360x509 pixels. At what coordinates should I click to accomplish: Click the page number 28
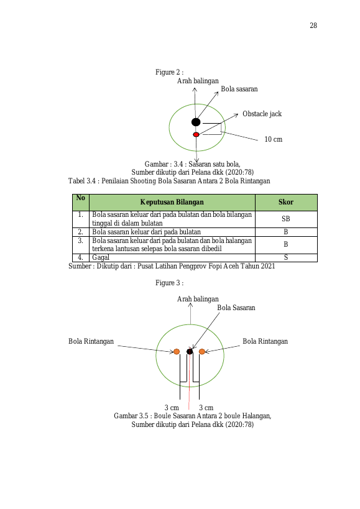click(x=313, y=25)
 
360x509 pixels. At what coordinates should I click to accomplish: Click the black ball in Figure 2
click(x=196, y=122)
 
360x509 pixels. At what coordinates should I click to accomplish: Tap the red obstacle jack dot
click(x=196, y=134)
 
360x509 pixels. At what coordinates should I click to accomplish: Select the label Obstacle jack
click(x=262, y=114)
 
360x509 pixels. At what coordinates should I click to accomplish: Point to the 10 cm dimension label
click(x=274, y=139)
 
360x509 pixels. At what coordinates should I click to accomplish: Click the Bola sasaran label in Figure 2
click(x=239, y=89)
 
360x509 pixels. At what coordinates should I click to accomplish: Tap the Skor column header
click(x=286, y=202)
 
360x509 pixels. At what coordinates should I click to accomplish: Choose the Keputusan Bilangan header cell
click(x=172, y=202)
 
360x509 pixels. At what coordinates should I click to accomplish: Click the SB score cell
click(x=286, y=219)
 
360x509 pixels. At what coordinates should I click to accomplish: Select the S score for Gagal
click(x=286, y=257)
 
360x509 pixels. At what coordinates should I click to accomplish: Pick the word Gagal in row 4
click(x=101, y=257)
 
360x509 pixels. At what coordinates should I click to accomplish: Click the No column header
click(x=80, y=198)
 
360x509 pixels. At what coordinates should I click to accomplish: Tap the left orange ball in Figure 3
click(x=177, y=352)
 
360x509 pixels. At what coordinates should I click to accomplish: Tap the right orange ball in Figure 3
click(x=202, y=352)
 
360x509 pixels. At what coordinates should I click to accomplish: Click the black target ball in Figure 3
click(x=190, y=352)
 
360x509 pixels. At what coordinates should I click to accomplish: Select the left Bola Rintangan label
click(x=91, y=341)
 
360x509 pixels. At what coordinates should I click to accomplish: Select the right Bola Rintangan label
click(x=265, y=341)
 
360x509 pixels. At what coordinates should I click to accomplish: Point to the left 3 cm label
click(x=172, y=408)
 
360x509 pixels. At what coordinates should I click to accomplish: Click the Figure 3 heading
click(x=170, y=283)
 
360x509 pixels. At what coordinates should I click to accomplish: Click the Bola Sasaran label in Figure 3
click(x=236, y=308)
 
